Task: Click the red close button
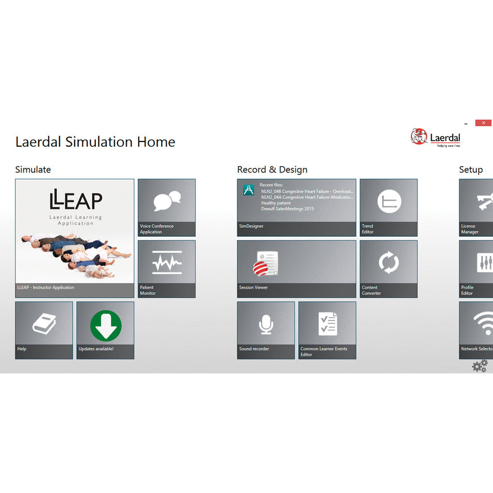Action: pyautogui.click(x=484, y=123)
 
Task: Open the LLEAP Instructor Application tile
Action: pyautogui.click(x=75, y=238)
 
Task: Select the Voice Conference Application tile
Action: pyautogui.click(x=166, y=208)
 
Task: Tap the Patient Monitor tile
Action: pyautogui.click(x=166, y=269)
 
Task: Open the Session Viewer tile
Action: pyautogui.click(x=296, y=269)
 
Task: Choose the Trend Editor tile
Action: pyautogui.click(x=389, y=208)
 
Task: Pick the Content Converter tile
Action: pyautogui.click(x=389, y=269)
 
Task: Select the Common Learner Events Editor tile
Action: pyautogui.click(x=327, y=330)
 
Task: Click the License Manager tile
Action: pyautogui.click(x=476, y=208)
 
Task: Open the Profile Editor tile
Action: pyautogui.click(x=476, y=269)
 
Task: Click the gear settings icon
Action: pyautogui.click(x=479, y=365)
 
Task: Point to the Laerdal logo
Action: pyautogui.click(x=436, y=138)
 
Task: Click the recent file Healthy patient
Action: pyautogui.click(x=276, y=203)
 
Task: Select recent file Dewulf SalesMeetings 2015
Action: pyautogui.click(x=287, y=209)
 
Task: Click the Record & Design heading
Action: pyautogui.click(x=272, y=170)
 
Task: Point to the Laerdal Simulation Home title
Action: pyautogui.click(x=95, y=142)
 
